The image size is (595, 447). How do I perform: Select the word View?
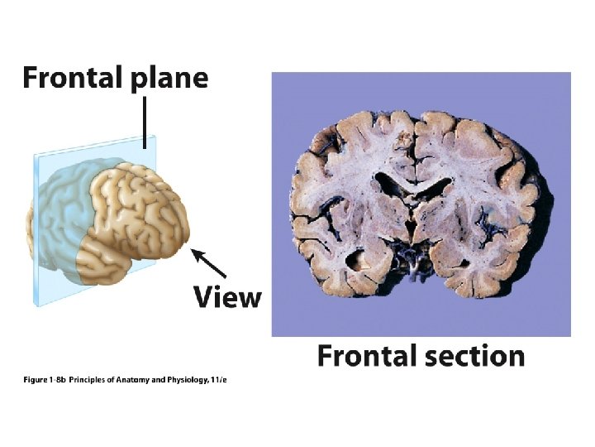(227, 297)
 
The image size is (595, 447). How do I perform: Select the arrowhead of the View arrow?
(195, 251)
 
